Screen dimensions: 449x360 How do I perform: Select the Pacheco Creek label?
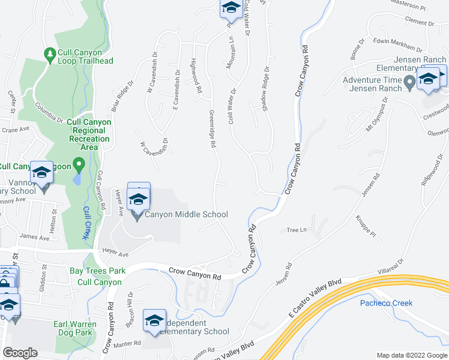(386, 303)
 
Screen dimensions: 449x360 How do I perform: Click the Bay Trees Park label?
(97, 271)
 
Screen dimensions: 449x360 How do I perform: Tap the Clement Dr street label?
(419, 21)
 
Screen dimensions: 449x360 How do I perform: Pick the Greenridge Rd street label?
(212, 129)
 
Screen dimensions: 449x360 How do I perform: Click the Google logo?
(20, 353)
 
